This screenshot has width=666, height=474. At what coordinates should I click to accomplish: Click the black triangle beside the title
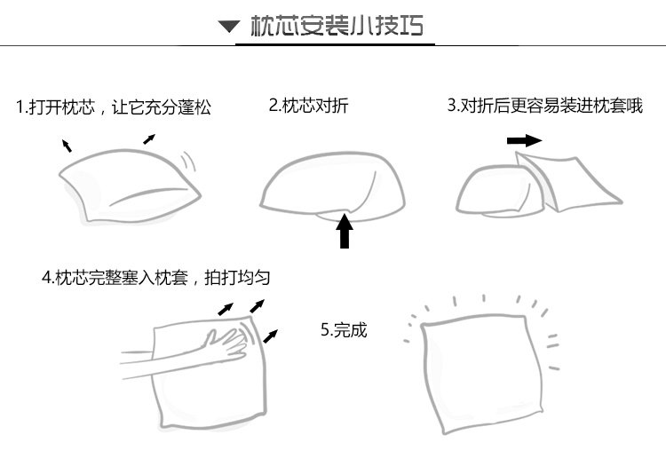click(x=229, y=27)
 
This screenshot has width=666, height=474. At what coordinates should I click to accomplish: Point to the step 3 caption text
click(x=544, y=106)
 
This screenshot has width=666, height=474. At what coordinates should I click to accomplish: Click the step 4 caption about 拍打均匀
click(x=156, y=277)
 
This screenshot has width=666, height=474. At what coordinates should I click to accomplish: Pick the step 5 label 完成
click(x=343, y=330)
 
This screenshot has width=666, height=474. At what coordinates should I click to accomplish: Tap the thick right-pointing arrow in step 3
click(x=524, y=140)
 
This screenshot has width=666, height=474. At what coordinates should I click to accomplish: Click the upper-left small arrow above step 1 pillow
click(x=67, y=146)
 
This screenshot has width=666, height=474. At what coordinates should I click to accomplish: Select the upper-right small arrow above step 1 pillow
click(x=149, y=138)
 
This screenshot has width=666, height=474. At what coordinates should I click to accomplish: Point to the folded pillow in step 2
click(x=333, y=188)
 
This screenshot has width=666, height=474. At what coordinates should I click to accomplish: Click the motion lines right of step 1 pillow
click(x=189, y=162)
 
